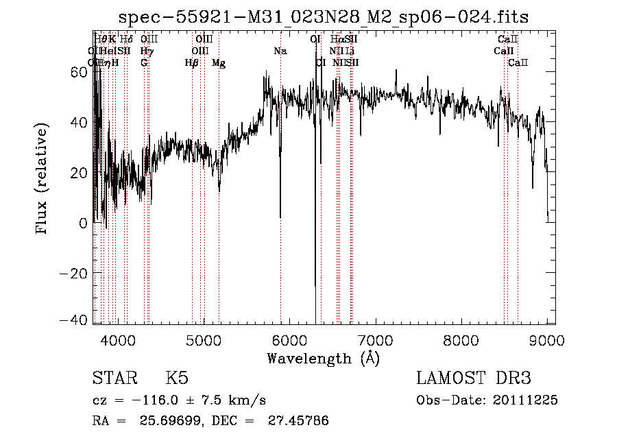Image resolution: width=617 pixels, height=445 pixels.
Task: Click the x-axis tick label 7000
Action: click(375, 339)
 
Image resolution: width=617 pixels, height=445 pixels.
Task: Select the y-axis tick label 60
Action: click(79, 71)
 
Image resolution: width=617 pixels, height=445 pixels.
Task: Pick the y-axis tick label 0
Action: click(84, 223)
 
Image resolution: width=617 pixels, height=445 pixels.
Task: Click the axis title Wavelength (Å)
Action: click(324, 358)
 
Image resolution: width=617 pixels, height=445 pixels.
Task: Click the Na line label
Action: click(280, 51)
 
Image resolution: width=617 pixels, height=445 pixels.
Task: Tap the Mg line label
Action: click(219, 63)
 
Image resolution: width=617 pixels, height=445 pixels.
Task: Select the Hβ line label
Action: click(192, 63)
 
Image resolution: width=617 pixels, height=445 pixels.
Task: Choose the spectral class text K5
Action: click(177, 378)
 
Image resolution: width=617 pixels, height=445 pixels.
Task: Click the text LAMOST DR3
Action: click(474, 378)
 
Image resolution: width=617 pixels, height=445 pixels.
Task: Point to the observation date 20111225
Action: click(525, 400)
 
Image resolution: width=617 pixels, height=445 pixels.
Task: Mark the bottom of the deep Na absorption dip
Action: click(280, 217)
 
